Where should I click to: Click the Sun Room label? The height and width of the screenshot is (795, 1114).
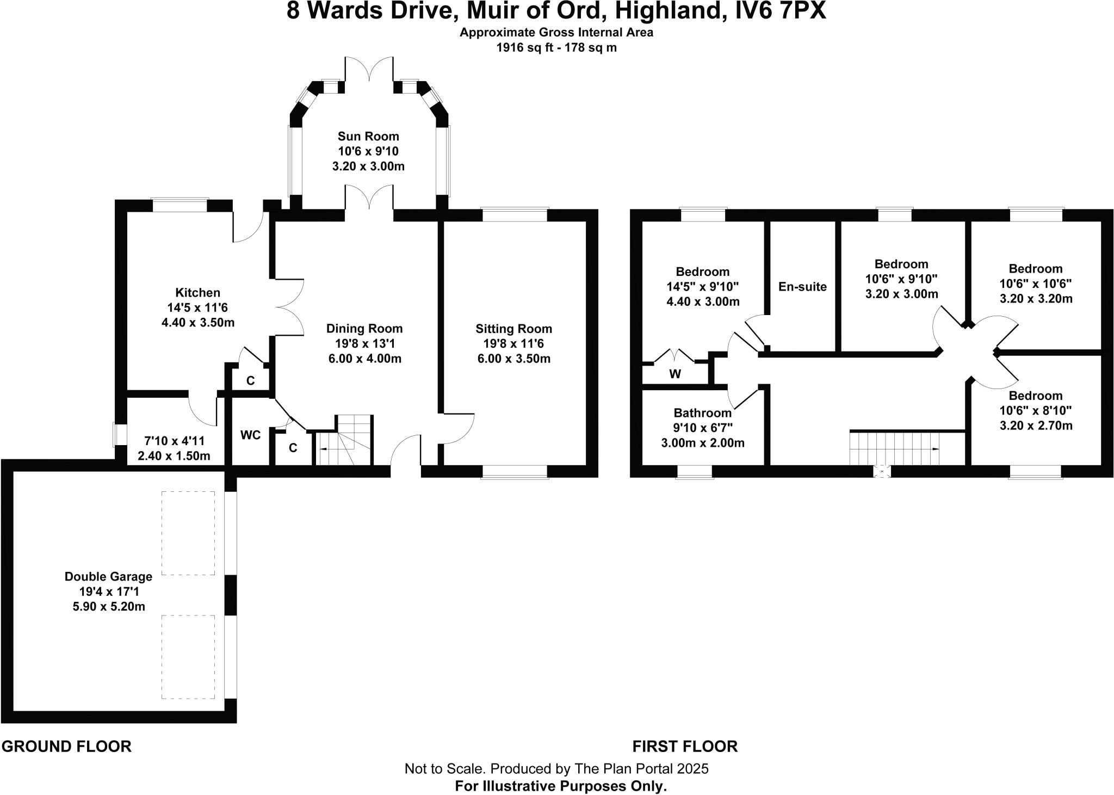(x=368, y=136)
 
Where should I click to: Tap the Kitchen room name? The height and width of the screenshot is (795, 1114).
(x=197, y=293)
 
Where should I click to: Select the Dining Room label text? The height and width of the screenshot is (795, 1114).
(x=364, y=329)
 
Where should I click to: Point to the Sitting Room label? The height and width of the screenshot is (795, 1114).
(x=513, y=329)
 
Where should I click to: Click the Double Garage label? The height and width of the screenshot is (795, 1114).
(x=108, y=576)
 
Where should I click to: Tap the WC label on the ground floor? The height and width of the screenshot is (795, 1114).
(x=250, y=435)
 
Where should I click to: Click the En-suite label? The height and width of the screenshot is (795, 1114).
(x=802, y=287)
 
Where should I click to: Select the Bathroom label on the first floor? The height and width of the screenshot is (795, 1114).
(x=702, y=412)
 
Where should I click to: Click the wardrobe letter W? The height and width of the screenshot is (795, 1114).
(x=675, y=374)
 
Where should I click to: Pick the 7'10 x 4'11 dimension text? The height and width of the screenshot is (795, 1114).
(x=174, y=441)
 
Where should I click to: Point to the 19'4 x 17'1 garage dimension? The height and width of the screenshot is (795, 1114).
(x=109, y=591)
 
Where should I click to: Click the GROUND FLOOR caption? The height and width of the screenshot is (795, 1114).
(x=66, y=747)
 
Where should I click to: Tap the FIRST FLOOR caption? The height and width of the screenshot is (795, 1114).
(x=685, y=747)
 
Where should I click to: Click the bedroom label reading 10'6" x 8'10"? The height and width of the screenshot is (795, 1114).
(x=1036, y=411)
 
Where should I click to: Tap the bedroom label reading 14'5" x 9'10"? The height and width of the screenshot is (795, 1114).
(x=702, y=287)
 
